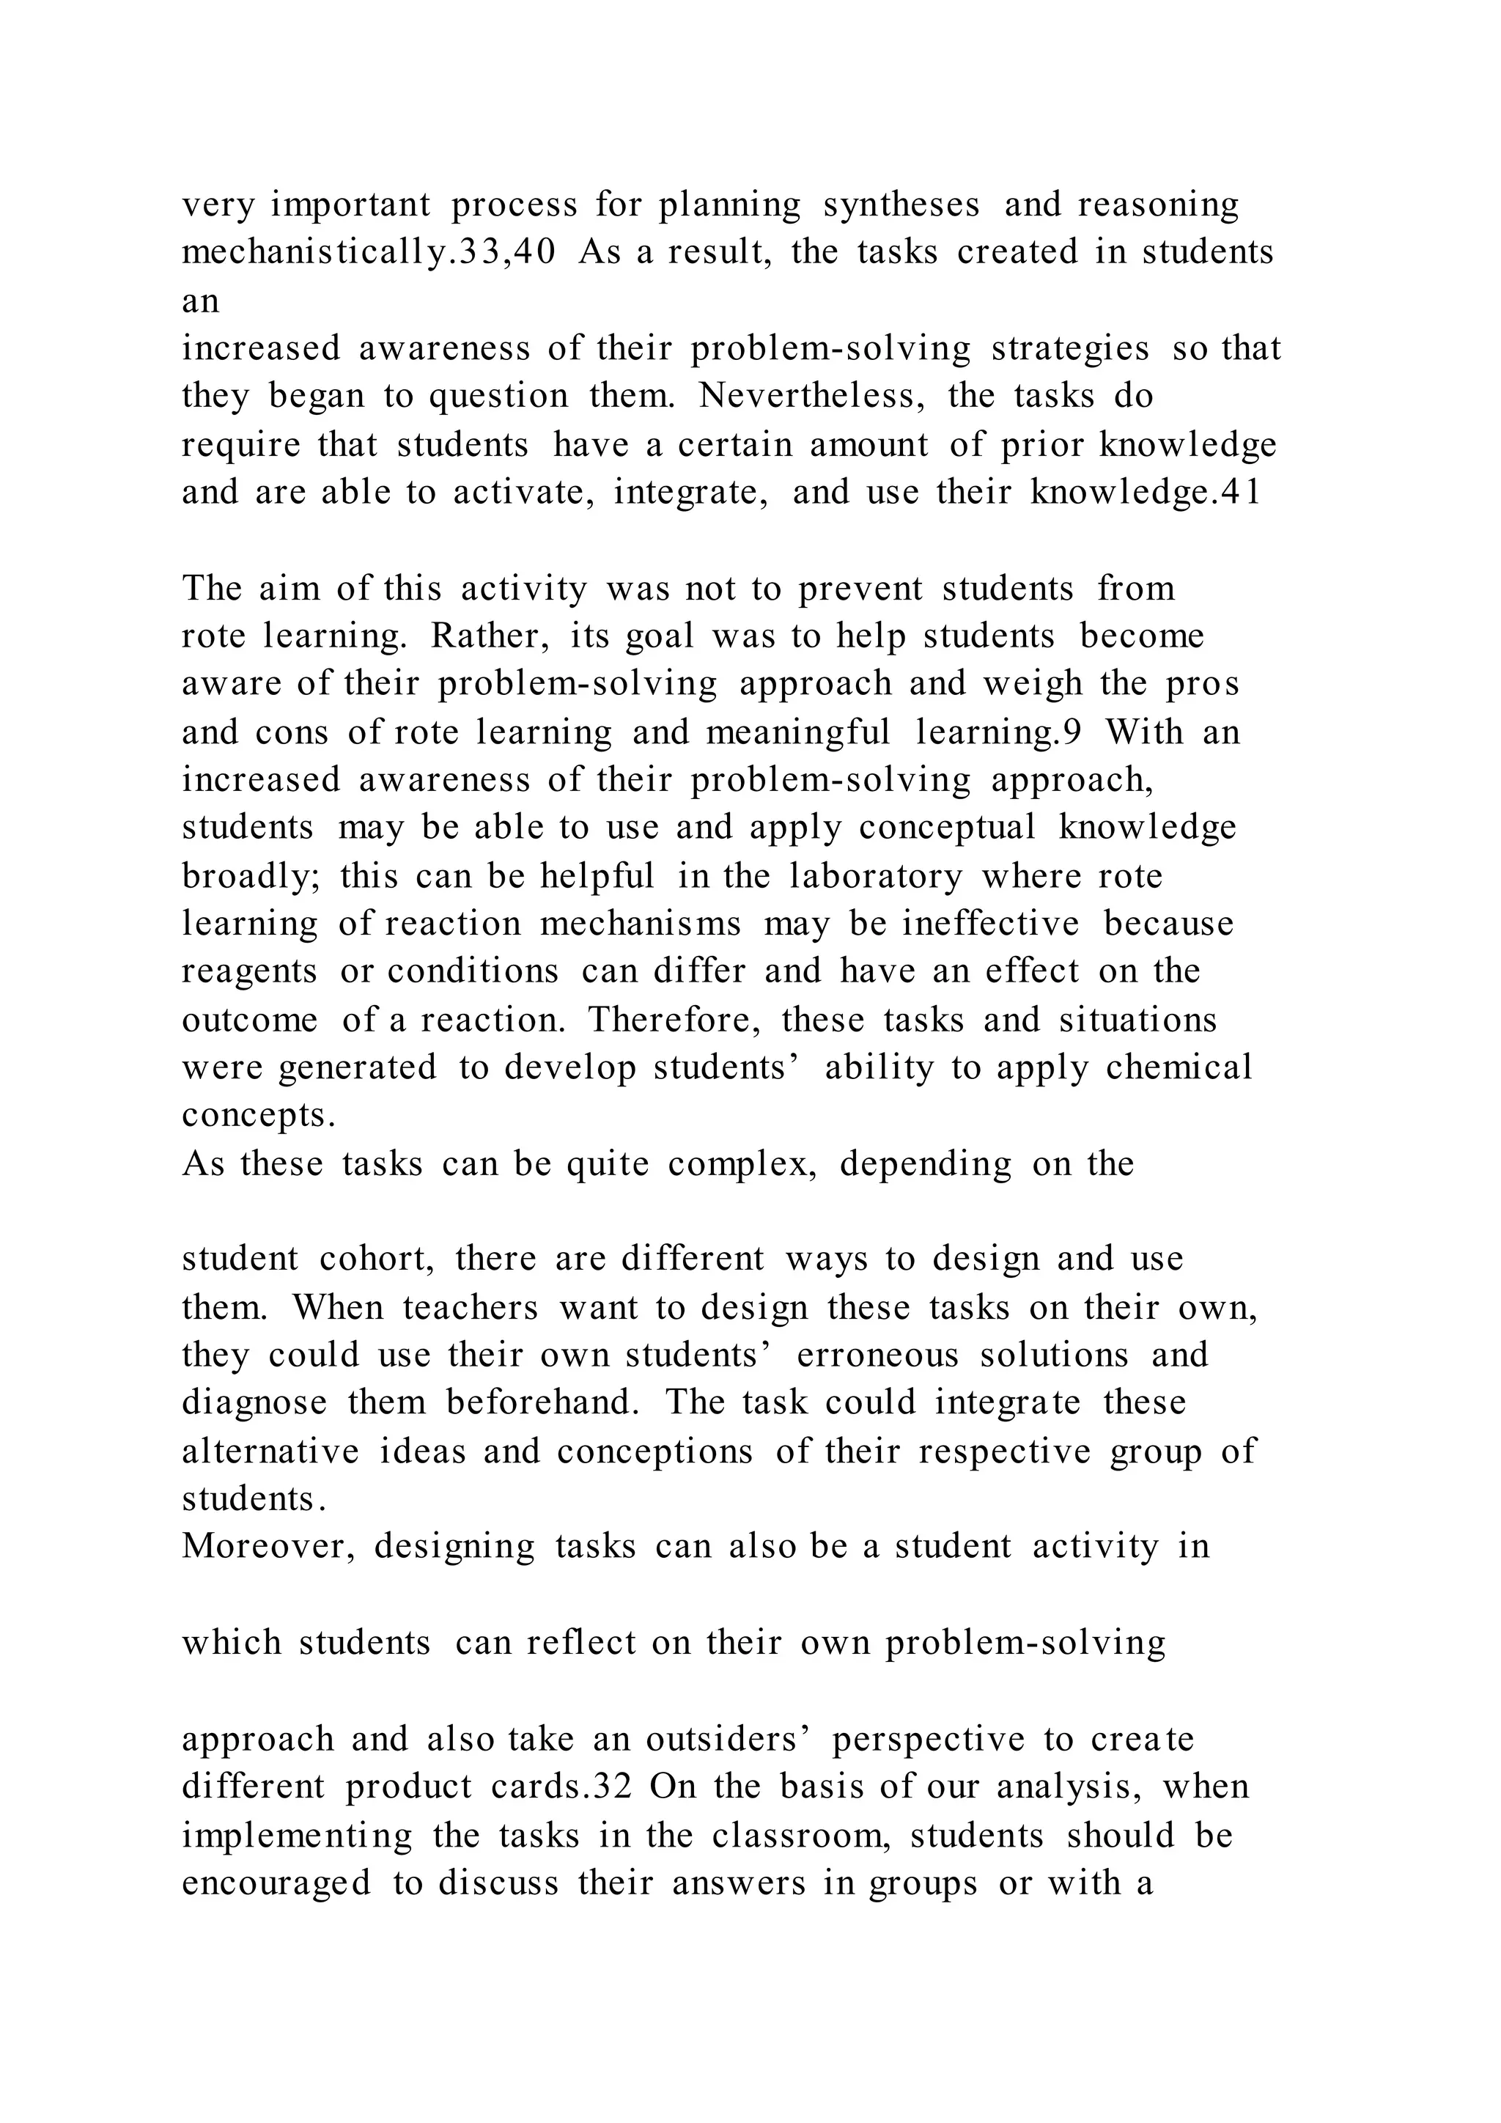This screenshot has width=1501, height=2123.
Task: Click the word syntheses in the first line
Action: tap(901, 205)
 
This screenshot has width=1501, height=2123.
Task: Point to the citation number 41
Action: tap(1240, 492)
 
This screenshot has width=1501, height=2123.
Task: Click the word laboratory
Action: tap(875, 875)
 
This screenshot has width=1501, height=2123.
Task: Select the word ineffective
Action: tap(991, 924)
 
